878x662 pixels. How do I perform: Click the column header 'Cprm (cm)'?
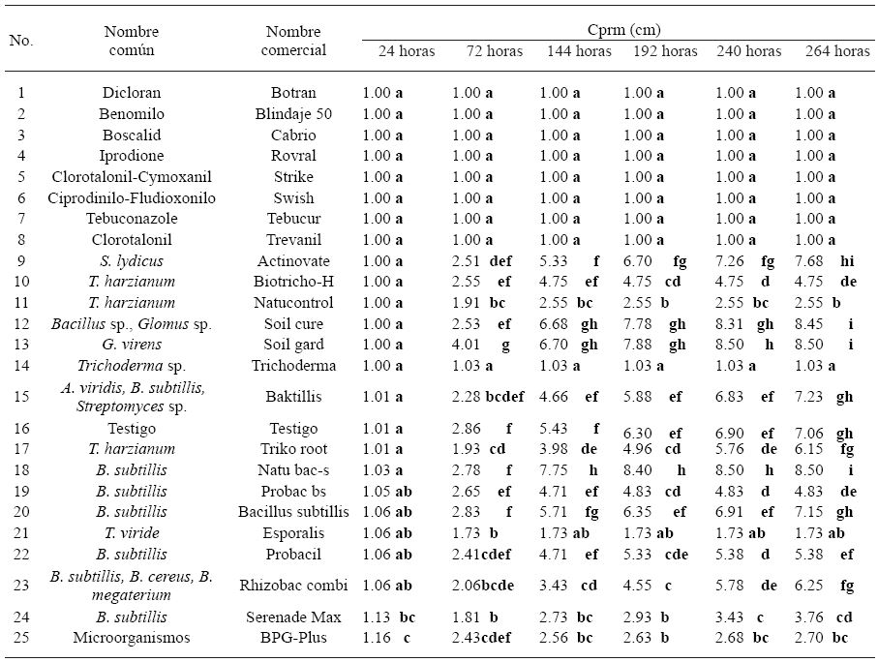618,30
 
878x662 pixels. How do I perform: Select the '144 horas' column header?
578,51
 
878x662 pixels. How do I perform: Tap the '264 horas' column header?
837,51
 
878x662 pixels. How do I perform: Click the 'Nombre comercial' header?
293,42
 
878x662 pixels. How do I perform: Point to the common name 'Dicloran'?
132,94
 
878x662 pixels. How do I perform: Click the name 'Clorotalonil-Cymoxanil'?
132,177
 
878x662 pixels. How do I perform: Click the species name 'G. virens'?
132,345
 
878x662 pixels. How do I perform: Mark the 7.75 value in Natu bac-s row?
554,470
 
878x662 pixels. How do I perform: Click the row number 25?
21,638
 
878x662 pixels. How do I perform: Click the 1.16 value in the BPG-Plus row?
377,638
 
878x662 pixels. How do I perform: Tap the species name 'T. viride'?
132,533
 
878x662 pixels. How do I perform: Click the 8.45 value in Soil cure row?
809,324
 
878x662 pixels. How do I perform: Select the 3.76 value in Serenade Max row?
809,617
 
